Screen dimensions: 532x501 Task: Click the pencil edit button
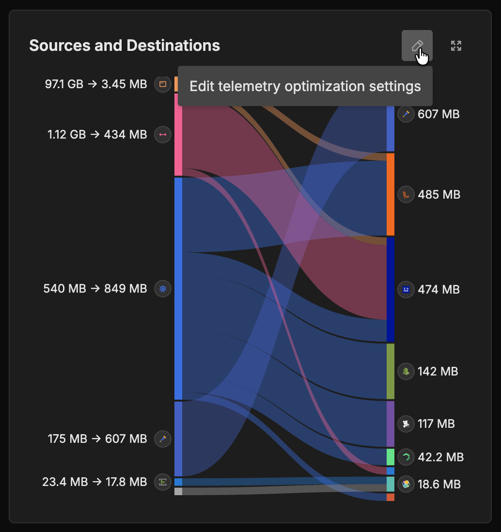tap(417, 46)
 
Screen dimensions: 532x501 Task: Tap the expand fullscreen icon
tap(456, 46)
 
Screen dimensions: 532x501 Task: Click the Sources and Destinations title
tap(125, 46)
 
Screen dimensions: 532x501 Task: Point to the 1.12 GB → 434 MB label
tap(97, 135)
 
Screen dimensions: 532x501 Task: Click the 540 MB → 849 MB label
tap(95, 289)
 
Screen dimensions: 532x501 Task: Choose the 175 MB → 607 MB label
tap(97, 439)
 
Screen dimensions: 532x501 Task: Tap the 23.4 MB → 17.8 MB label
tap(94, 482)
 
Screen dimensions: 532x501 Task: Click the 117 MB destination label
tap(436, 424)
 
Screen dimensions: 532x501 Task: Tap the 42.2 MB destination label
tap(440, 457)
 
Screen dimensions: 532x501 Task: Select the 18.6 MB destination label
tap(439, 484)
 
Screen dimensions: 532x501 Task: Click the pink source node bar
tap(178, 135)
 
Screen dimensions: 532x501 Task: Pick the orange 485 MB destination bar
tap(391, 195)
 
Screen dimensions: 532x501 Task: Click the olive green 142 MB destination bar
tap(391, 372)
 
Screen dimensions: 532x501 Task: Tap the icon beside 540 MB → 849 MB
tap(163, 289)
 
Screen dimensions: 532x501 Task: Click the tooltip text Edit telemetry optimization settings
tap(305, 86)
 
